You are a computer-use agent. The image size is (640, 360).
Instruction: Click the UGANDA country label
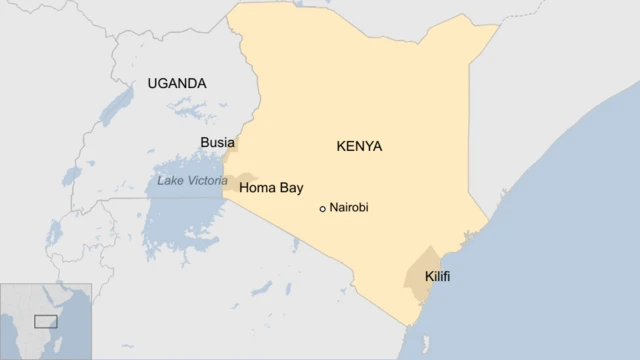(176, 83)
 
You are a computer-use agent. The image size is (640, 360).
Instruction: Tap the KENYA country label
(359, 146)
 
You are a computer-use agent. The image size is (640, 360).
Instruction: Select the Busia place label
(217, 142)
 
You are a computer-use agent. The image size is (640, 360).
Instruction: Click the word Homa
(258, 187)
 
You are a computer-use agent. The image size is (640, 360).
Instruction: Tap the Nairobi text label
(349, 208)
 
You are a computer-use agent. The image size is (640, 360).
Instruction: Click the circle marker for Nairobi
(322, 209)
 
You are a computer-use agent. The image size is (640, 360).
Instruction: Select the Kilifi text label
(437, 275)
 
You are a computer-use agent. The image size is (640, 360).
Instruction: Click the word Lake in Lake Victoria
(171, 181)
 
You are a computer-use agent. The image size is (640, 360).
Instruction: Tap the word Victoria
(206, 181)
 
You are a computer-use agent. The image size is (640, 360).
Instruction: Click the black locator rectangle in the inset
(45, 321)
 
